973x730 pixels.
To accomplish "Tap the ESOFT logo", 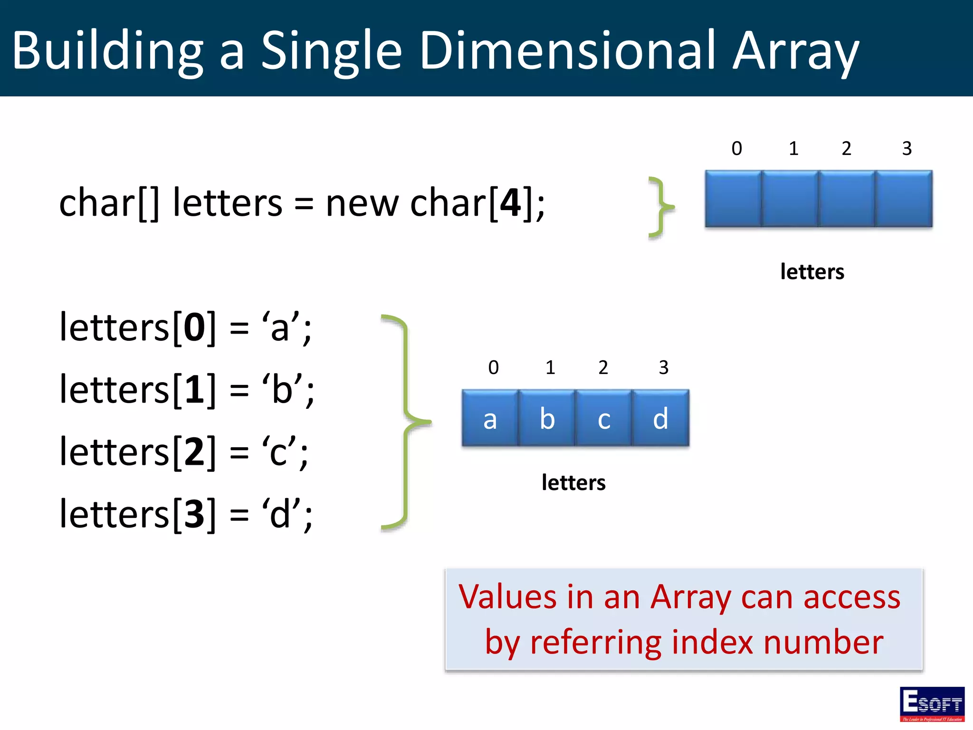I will [932, 704].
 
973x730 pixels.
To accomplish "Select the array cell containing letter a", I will [490, 418].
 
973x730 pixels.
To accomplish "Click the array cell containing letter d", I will [660, 418].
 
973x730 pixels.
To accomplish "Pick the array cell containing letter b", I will [547, 418].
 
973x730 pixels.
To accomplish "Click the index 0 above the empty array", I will [736, 149].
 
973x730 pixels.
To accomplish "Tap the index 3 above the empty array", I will [906, 149].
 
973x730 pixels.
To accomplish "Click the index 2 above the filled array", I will [603, 367].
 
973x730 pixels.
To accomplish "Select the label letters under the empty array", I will [812, 272].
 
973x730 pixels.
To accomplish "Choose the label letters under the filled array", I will [573, 482].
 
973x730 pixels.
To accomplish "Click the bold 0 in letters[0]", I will [194, 327].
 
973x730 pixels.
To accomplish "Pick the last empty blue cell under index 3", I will [904, 199].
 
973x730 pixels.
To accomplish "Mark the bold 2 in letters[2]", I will [194, 451].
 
